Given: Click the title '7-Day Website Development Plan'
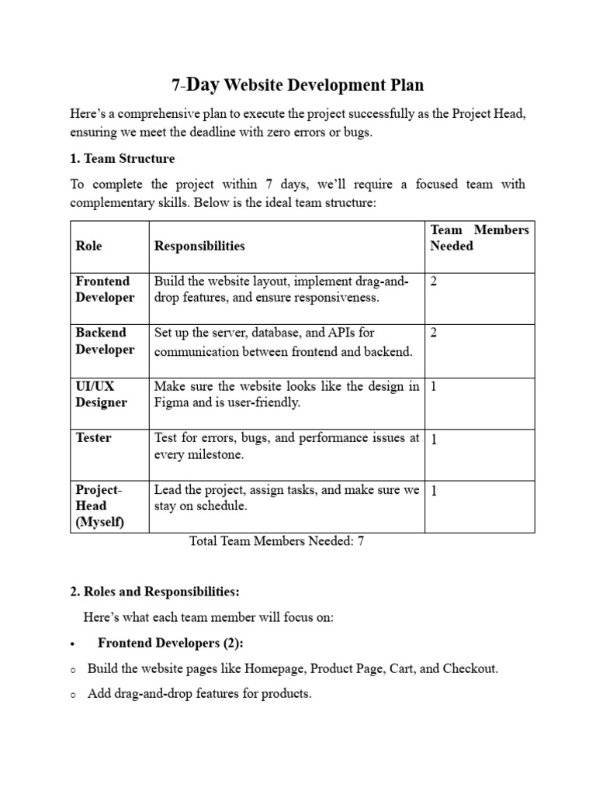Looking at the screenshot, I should [x=297, y=85].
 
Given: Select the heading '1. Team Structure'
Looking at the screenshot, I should [x=123, y=159].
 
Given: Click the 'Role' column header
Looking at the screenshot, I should [x=88, y=246].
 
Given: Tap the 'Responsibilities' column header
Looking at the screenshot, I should [x=199, y=246].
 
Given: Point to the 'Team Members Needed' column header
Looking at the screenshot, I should [x=479, y=237].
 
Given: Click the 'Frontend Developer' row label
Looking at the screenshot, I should [x=105, y=289].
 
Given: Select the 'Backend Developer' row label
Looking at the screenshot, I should [x=105, y=340].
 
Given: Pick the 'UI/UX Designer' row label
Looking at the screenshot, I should [x=100, y=394].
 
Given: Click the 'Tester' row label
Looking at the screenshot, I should [x=93, y=438].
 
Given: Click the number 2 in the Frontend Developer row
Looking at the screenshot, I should [x=434, y=281].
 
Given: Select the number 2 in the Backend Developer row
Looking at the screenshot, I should [x=434, y=333].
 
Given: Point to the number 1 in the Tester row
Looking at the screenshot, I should [x=434, y=440].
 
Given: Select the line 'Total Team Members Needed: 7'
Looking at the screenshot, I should [x=277, y=541].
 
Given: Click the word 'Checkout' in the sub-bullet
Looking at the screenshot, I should [x=470, y=668].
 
